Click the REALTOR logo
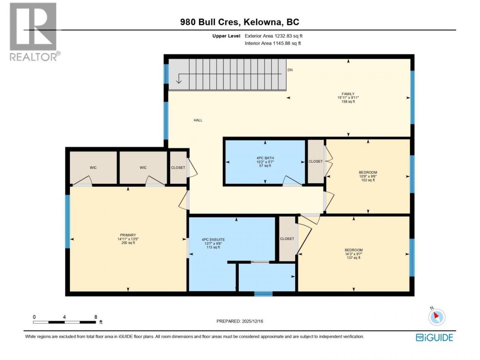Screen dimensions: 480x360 (35, 32)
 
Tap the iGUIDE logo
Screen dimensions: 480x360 (434, 337)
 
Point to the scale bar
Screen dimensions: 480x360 (64, 322)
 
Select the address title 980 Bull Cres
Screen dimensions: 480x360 (210, 22)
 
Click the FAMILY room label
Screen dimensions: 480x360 (348, 94)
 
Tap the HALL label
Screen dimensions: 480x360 (198, 120)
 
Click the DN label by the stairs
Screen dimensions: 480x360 (290, 70)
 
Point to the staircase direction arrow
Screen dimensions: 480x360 (229, 77)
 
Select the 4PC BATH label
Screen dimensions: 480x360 (265, 158)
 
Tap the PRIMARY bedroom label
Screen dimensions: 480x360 (128, 235)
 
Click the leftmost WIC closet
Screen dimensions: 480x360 (93, 168)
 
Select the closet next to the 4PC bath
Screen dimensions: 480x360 (315, 161)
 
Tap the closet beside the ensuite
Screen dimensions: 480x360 (287, 239)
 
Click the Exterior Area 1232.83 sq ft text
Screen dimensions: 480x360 (274, 36)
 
